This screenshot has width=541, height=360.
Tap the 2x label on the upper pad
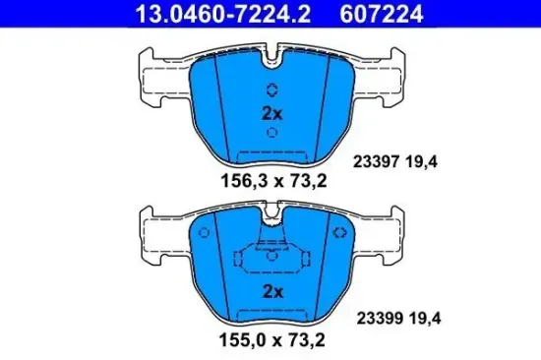272,113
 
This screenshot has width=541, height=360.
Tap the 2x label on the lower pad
272,291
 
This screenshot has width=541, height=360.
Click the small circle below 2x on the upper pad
272,132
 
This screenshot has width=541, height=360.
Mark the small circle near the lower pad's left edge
203,234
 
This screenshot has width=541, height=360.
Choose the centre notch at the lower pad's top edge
272,214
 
